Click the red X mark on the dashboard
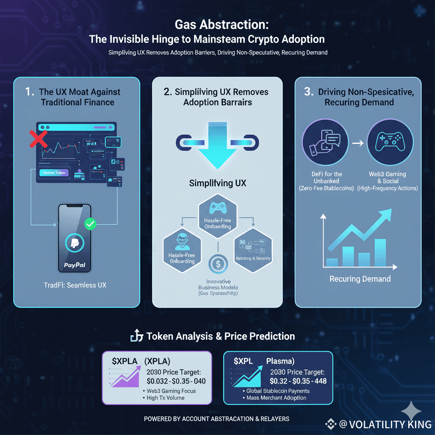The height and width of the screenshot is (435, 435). [38, 139]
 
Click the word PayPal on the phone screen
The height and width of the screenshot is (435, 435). [75, 265]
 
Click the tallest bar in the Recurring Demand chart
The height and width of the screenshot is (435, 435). [380, 252]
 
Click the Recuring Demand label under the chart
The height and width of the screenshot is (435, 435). [360, 279]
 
